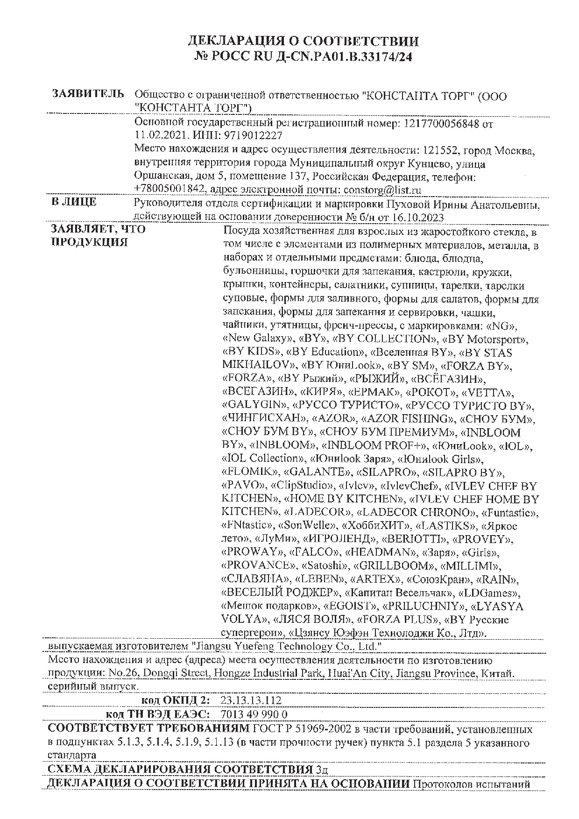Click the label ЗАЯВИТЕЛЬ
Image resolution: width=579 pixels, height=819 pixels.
pyautogui.click(x=88, y=94)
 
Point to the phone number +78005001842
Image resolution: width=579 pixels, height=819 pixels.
pyautogui.click(x=170, y=190)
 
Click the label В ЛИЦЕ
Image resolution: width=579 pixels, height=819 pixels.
pyautogui.click(x=74, y=202)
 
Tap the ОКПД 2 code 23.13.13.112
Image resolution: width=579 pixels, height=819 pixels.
pyautogui.click(x=251, y=700)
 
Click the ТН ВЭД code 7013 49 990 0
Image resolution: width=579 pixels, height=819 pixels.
pyautogui.click(x=254, y=714)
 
